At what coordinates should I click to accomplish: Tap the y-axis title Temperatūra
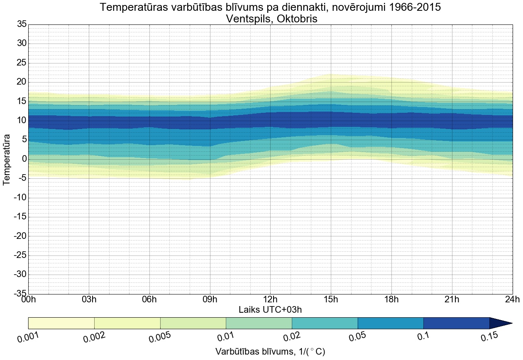click(x=7, y=159)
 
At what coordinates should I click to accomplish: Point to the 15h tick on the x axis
click(x=331, y=299)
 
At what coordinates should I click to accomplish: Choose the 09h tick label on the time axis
click(x=210, y=299)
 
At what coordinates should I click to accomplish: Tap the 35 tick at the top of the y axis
click(x=22, y=24)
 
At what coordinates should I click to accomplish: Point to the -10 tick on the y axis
click(x=20, y=198)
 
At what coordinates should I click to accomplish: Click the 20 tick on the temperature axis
click(x=22, y=82)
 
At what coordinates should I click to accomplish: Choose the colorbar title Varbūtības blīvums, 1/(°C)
click(x=270, y=352)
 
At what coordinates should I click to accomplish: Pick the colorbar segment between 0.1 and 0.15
click(x=457, y=323)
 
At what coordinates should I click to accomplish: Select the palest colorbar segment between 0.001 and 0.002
click(x=61, y=323)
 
